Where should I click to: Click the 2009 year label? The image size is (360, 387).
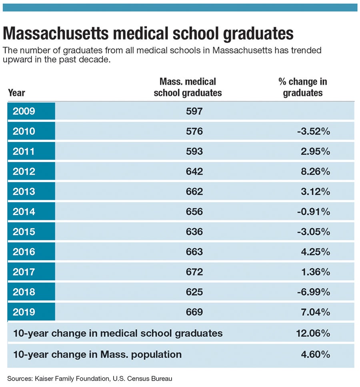[24, 111]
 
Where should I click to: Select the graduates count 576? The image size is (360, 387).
[194, 132]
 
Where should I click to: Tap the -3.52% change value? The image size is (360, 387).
[314, 132]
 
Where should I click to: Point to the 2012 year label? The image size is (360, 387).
[24, 172]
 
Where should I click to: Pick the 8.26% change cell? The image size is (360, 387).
[316, 172]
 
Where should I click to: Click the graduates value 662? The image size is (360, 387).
[194, 192]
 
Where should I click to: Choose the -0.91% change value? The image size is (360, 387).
[314, 212]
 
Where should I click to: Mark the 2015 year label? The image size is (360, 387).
[24, 232]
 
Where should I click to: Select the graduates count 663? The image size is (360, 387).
[194, 252]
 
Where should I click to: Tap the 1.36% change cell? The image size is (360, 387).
[316, 272]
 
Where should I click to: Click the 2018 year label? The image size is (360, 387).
[24, 292]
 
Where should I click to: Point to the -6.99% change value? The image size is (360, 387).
[314, 292]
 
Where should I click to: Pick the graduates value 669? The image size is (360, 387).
[194, 312]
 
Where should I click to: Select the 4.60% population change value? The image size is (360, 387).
[316, 354]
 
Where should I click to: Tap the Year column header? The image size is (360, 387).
[16, 93]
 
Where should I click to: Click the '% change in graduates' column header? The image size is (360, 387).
[302, 87]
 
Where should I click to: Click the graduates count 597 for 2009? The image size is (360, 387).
[194, 111]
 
